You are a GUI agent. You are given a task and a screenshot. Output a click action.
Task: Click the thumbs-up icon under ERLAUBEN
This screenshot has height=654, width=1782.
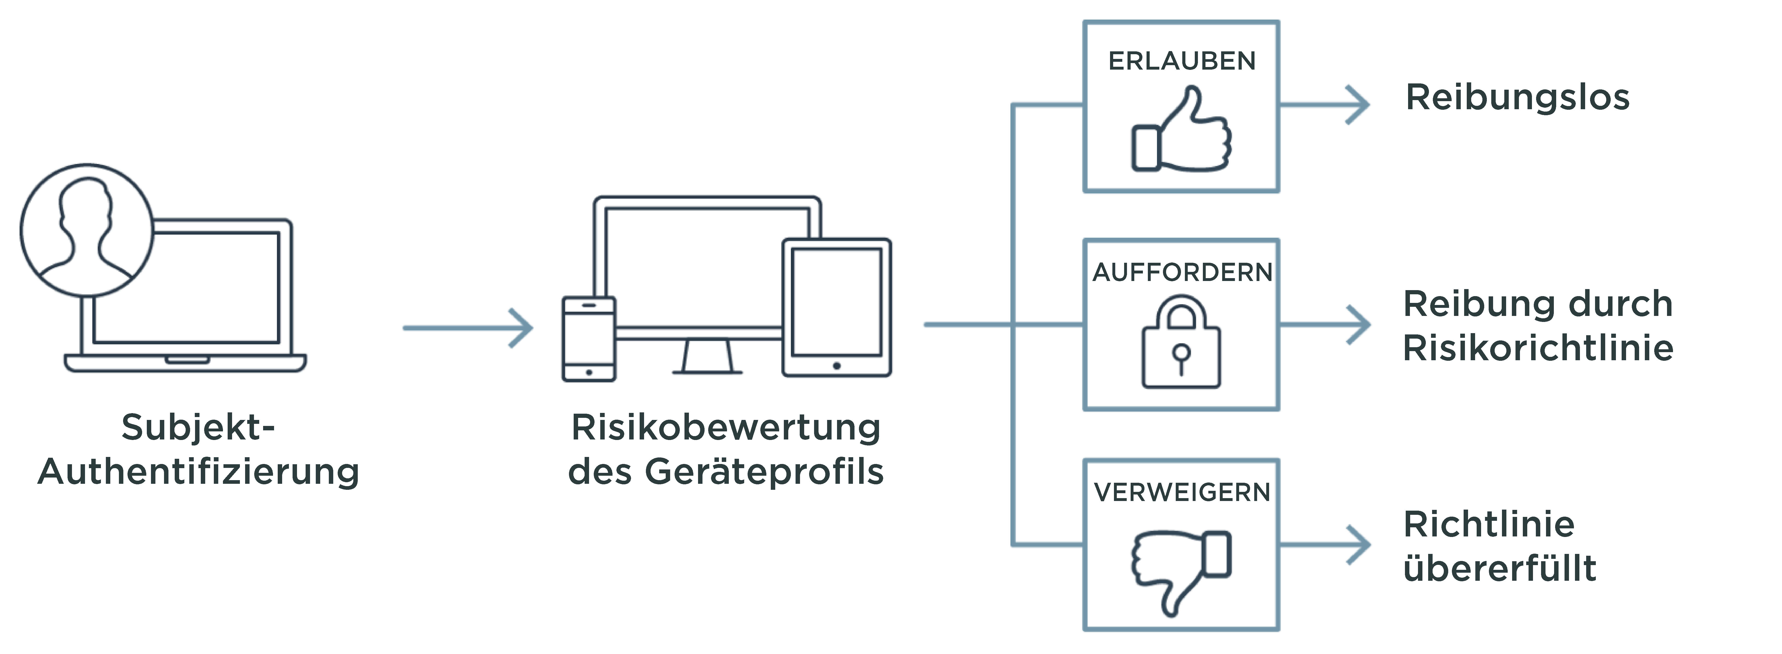point(1181,131)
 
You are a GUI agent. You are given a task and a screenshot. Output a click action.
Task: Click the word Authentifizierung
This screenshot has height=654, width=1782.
point(198,472)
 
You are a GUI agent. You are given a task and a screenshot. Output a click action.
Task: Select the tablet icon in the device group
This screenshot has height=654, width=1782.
point(836,308)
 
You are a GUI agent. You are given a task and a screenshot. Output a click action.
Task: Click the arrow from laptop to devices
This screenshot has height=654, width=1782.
point(468,328)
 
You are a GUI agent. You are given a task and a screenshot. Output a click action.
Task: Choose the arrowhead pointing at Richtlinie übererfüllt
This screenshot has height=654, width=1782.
point(1359,545)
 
